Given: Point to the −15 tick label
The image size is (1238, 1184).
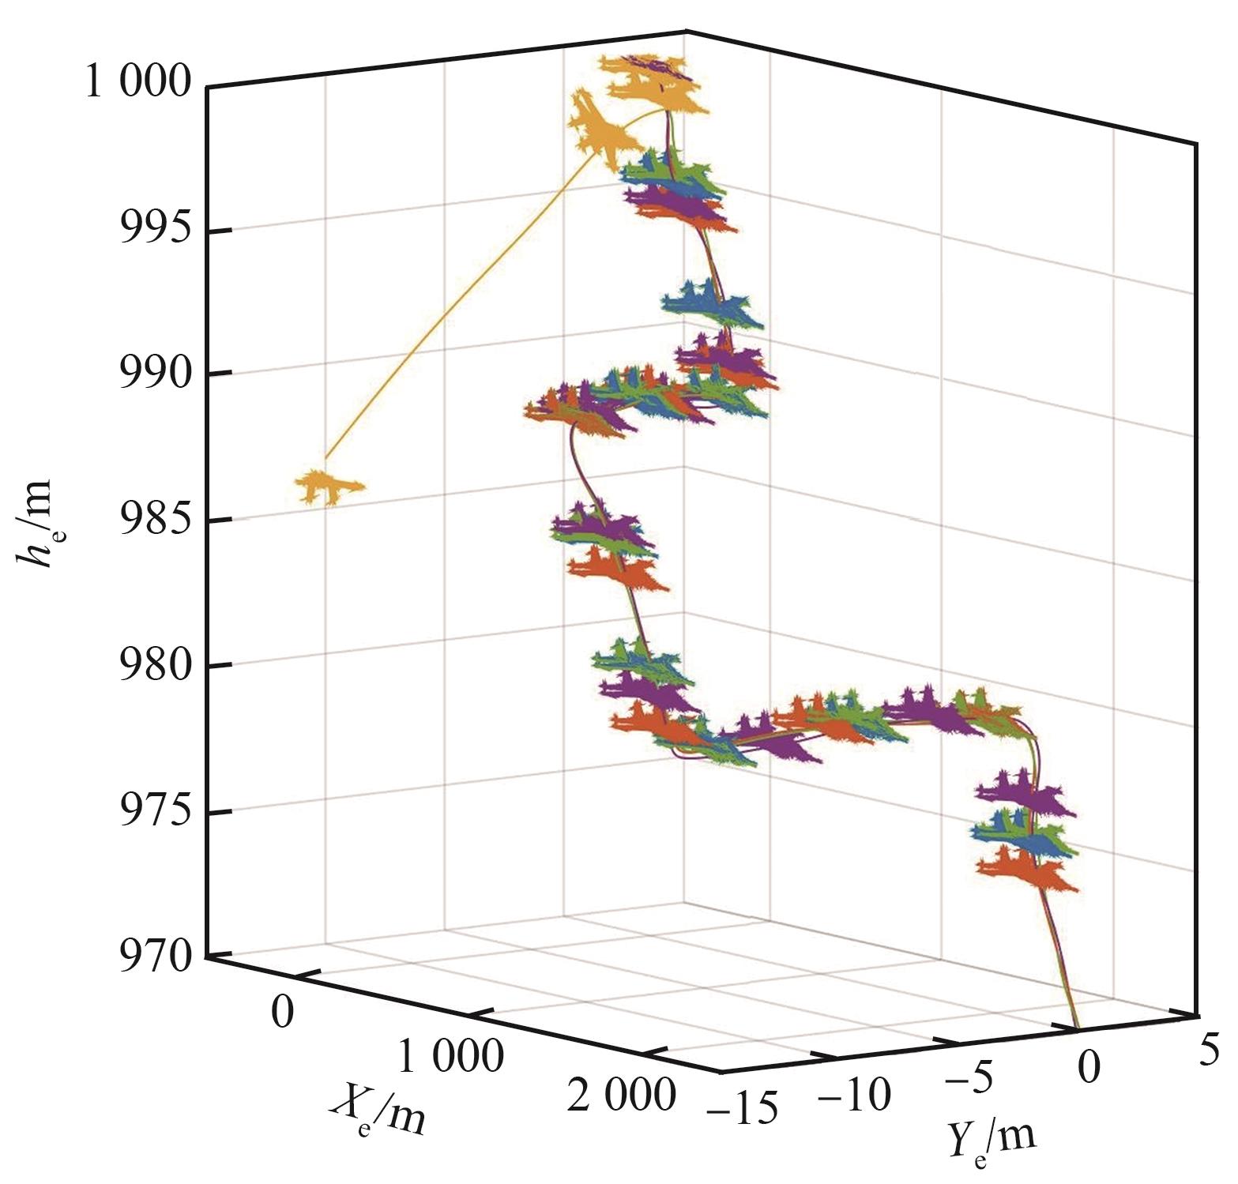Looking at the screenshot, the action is point(743,1107).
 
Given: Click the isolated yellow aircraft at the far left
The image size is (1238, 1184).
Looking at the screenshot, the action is point(329,487).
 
